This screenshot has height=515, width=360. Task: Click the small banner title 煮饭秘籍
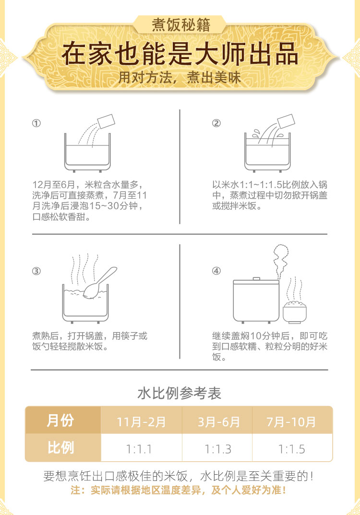[x=180, y=25]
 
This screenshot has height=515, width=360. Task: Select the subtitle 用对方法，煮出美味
[x=180, y=77]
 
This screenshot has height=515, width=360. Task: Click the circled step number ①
[x=36, y=123]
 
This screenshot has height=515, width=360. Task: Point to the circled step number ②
[x=216, y=123]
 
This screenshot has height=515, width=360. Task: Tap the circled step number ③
[x=36, y=271]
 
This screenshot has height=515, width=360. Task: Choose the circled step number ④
[x=216, y=271]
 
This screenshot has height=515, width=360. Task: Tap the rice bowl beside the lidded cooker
[x=295, y=312]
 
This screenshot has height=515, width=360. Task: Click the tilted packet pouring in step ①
[x=106, y=121]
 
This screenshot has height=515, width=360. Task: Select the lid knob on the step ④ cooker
[x=256, y=279]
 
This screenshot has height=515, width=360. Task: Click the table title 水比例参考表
[x=180, y=393]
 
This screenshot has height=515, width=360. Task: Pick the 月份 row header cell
[x=63, y=420]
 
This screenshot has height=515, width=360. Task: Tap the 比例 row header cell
[x=63, y=448]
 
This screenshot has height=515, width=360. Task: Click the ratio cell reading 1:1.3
[x=217, y=448]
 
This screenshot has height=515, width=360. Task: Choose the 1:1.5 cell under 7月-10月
[x=292, y=449]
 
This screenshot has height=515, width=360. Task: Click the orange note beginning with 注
[x=178, y=491]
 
